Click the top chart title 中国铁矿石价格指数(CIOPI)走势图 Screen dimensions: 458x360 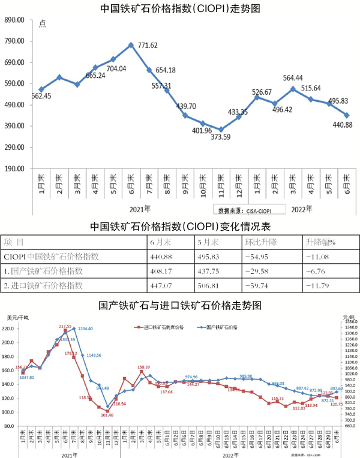pyautogui.click(x=181, y=8)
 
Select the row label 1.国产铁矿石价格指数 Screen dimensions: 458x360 pyautogui.click(x=42, y=270)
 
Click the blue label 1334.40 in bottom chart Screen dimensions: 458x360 pyautogui.click(x=84, y=329)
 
